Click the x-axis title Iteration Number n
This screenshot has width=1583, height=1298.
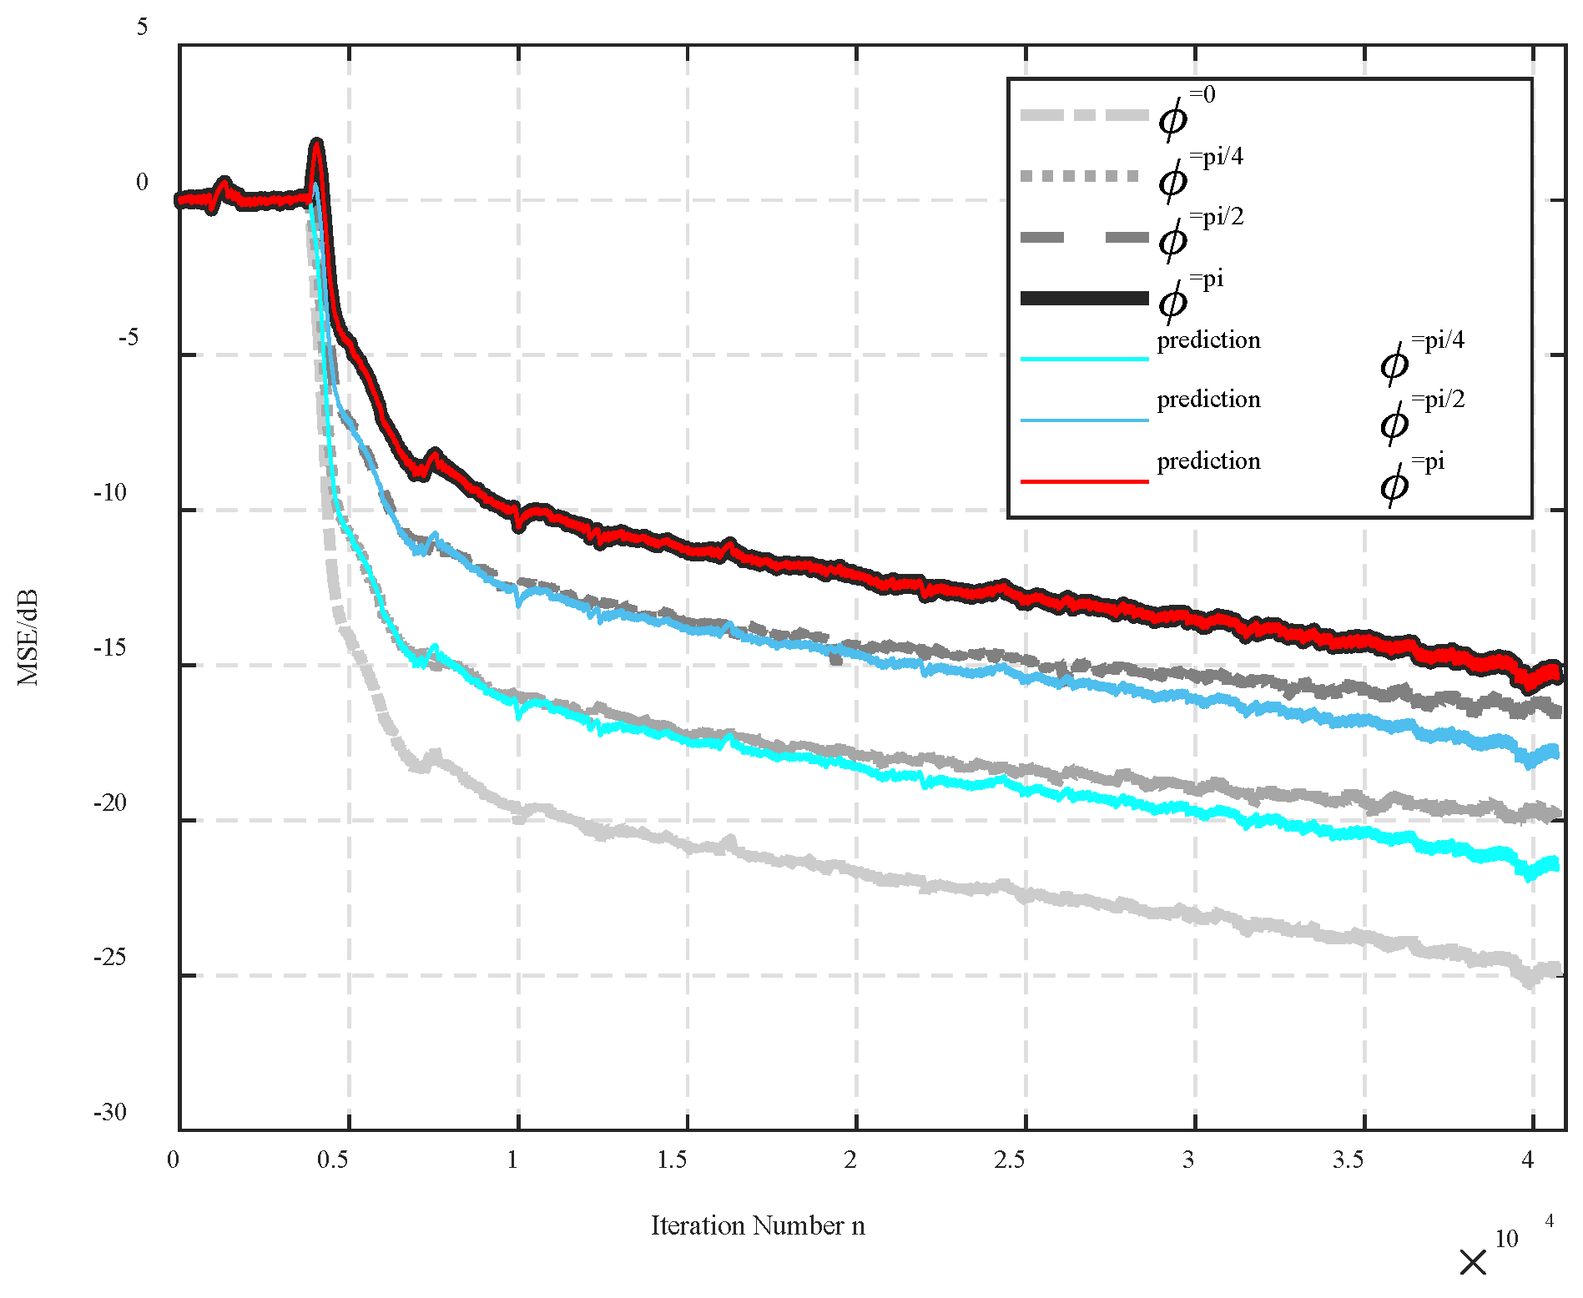click(758, 1225)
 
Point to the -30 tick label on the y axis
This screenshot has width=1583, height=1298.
click(110, 1112)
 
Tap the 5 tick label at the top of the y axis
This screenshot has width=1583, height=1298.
click(142, 27)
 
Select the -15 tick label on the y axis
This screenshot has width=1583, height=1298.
click(110, 647)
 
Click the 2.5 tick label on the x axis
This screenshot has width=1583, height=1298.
click(1009, 1160)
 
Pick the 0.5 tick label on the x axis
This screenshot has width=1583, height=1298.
click(332, 1160)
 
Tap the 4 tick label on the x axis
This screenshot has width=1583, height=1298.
click(1527, 1160)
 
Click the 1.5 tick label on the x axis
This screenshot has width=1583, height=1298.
click(672, 1160)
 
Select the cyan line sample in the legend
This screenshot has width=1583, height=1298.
click(1084, 359)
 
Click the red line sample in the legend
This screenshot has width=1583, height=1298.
click(1084, 481)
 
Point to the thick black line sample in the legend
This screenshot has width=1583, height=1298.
click(1084, 298)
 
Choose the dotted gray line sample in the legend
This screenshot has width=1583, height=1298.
click(1080, 176)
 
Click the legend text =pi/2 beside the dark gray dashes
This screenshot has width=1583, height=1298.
click(1217, 218)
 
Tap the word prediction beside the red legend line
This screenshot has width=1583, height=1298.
click(1208, 461)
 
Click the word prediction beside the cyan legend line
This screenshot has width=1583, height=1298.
click(1208, 340)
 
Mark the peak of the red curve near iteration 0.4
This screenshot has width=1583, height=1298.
click(315, 143)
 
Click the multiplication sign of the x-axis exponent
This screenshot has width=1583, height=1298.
click(1473, 1262)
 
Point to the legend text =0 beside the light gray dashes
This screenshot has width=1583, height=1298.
click(1202, 95)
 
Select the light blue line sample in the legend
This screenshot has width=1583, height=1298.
click(1084, 420)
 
